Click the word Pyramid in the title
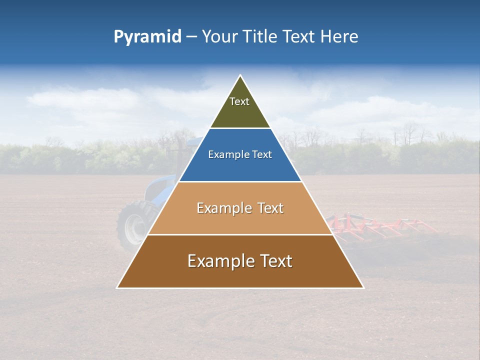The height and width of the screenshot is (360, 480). pyautogui.click(x=147, y=37)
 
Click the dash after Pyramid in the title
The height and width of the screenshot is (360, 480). pyautogui.click(x=191, y=37)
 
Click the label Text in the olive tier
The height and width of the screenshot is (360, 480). pyautogui.click(x=239, y=101)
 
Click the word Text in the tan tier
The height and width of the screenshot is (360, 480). pyautogui.click(x=270, y=208)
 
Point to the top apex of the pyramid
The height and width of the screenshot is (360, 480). pyautogui.click(x=240, y=75)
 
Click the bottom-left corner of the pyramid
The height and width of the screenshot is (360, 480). pyautogui.click(x=117, y=287)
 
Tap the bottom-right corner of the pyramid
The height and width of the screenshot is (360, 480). pyautogui.click(x=363, y=287)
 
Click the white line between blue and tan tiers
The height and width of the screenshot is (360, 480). pyautogui.click(x=240, y=181)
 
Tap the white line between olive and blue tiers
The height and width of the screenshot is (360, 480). pyautogui.click(x=240, y=128)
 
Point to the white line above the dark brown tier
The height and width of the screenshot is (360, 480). pyautogui.click(x=240, y=234)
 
